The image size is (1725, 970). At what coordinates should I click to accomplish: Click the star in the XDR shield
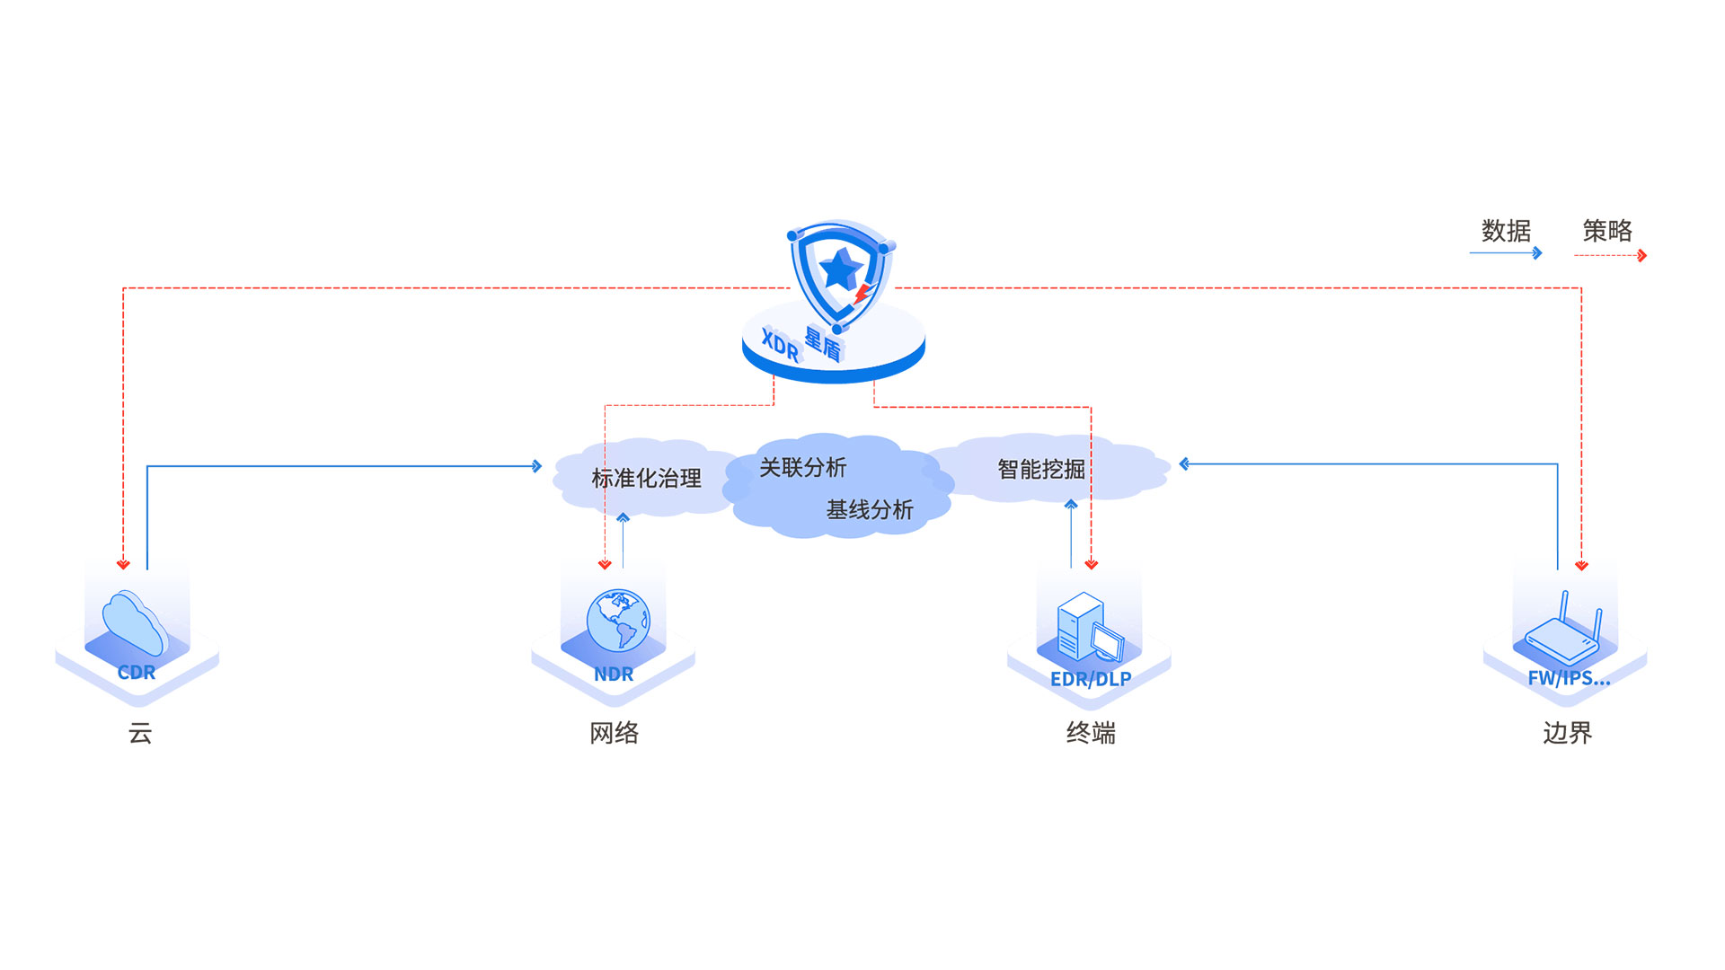click(842, 269)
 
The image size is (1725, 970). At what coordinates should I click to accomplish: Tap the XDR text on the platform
click(780, 345)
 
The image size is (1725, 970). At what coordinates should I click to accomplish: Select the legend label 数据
click(1506, 231)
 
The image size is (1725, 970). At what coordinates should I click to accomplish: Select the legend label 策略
click(1607, 231)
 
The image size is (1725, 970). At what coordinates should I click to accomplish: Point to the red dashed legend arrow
click(1610, 256)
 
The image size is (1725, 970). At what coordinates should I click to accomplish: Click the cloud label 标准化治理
click(646, 479)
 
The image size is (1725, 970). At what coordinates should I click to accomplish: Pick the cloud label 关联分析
click(802, 467)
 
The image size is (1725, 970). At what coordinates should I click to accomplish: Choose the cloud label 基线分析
click(870, 510)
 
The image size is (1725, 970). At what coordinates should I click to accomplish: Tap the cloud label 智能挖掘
click(1040, 469)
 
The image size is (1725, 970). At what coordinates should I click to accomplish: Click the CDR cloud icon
click(135, 622)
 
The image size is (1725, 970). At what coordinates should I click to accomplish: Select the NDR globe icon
click(618, 620)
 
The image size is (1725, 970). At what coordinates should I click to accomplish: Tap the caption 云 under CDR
click(140, 734)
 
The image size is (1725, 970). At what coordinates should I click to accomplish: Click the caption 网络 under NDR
click(615, 734)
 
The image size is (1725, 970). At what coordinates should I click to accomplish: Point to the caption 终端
click(1091, 734)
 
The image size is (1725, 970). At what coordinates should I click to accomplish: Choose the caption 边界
click(1567, 734)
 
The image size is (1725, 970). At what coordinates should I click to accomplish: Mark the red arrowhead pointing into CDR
click(123, 564)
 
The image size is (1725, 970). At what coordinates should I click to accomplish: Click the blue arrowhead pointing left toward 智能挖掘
click(1184, 464)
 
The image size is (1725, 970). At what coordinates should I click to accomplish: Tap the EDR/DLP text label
click(1091, 680)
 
